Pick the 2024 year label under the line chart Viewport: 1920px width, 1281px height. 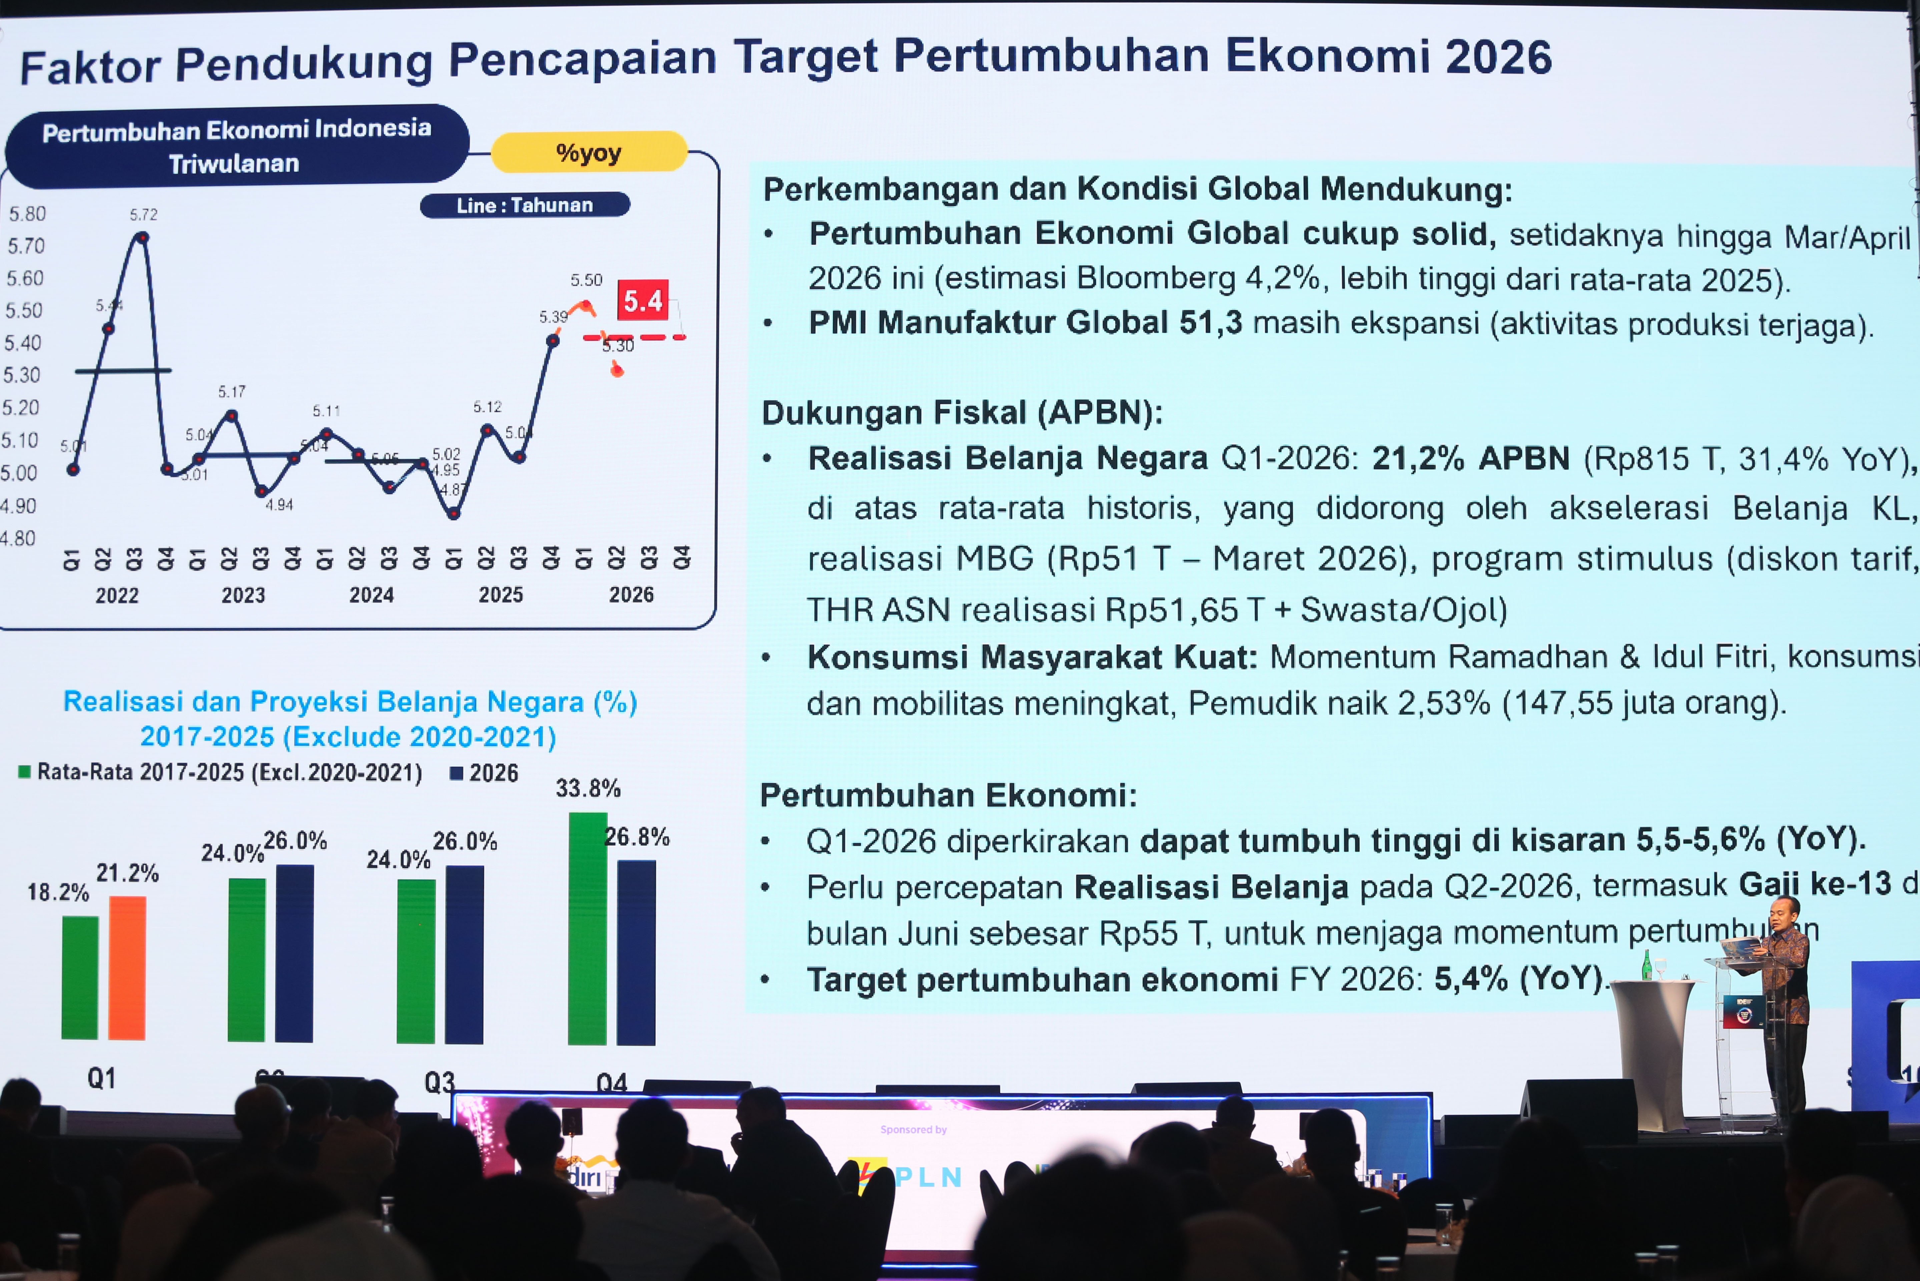click(x=372, y=595)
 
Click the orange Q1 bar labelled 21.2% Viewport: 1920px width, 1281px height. click(x=127, y=968)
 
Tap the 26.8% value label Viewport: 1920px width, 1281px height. click(x=637, y=837)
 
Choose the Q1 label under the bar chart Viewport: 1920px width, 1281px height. click(x=101, y=1079)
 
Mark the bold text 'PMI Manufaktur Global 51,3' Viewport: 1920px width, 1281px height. click(x=1025, y=323)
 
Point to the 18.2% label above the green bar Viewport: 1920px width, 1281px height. click(x=58, y=892)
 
